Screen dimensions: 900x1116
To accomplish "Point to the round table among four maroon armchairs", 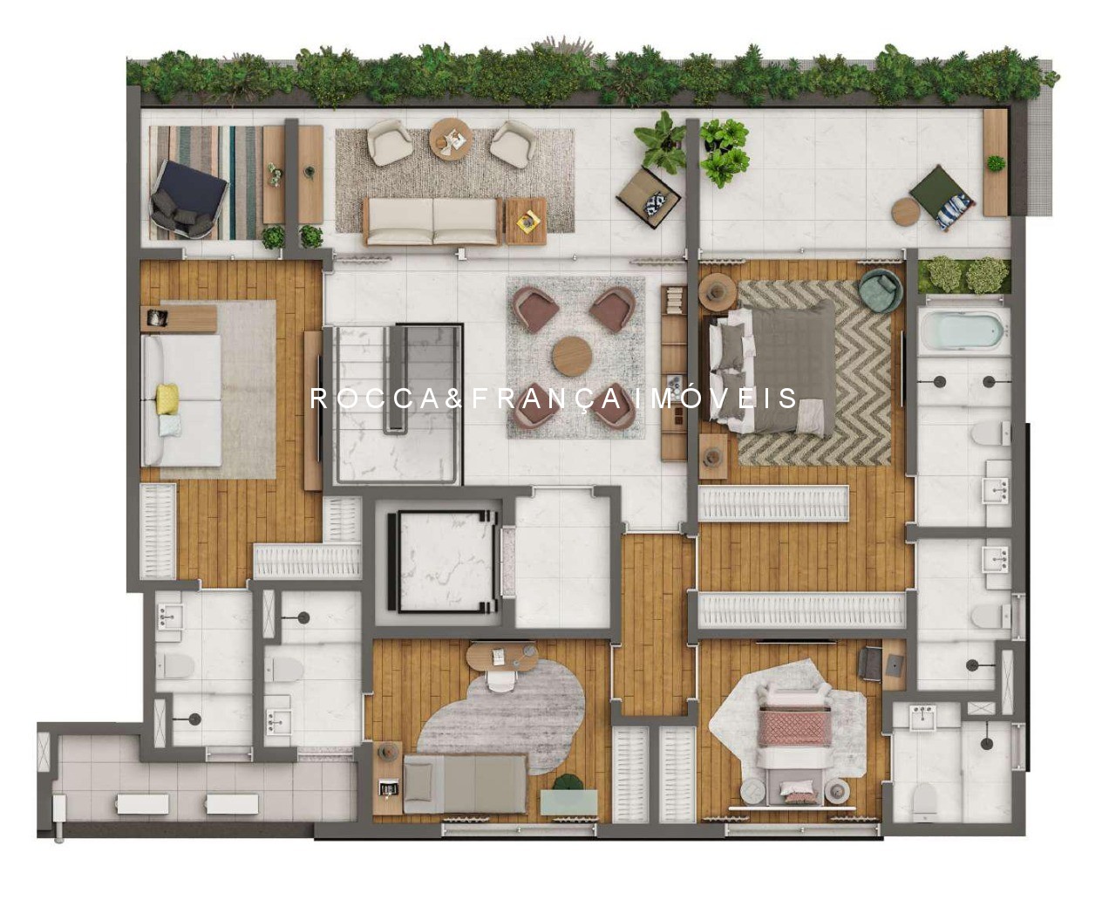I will pos(572,356).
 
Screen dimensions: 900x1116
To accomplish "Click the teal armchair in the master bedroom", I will pos(880,290).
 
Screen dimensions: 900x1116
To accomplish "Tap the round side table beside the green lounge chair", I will pos(905,212).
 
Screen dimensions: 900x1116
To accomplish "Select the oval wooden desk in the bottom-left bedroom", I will pos(502,657).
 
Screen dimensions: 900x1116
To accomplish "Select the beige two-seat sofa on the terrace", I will pos(432,221).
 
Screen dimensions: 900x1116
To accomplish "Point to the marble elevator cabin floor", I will pos(441,562).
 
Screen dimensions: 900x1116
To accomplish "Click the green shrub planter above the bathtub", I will pos(964,275).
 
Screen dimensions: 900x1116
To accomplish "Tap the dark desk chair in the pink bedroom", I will pos(870,664).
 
